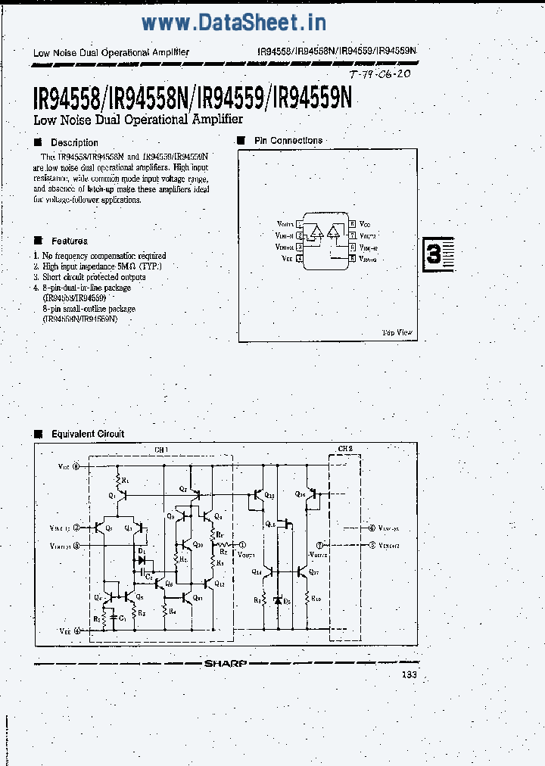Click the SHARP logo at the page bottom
(x=225, y=664)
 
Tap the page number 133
(x=409, y=675)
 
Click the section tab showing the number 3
(x=434, y=254)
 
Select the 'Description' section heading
(x=74, y=142)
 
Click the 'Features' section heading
(x=69, y=241)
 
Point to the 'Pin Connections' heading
(x=288, y=140)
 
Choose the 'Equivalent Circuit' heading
(x=88, y=434)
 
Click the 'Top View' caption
(x=397, y=332)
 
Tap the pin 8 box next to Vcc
(x=353, y=225)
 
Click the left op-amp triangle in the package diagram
(x=317, y=232)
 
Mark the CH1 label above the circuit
(x=160, y=450)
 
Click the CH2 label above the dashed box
(x=345, y=450)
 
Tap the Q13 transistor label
(x=270, y=494)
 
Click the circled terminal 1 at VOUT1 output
(x=241, y=543)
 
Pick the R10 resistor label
(x=315, y=598)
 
